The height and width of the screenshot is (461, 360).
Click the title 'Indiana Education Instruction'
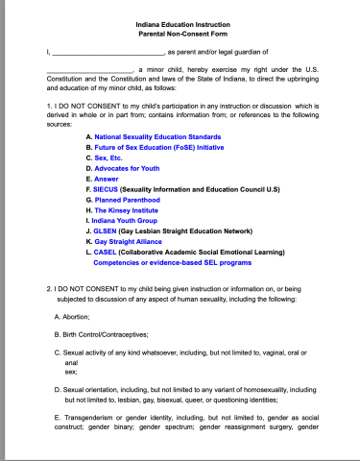click(x=180, y=23)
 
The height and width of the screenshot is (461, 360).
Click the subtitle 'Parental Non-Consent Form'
click(x=180, y=34)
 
